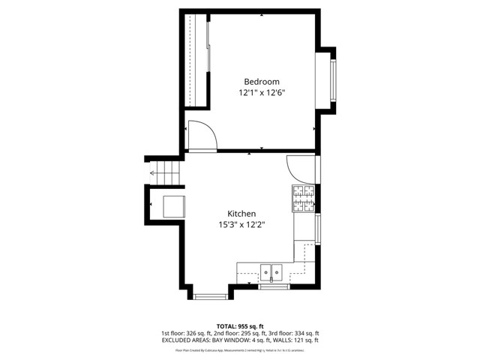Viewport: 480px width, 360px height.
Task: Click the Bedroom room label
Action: (262, 82)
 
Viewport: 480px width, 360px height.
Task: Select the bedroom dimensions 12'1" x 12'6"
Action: (262, 93)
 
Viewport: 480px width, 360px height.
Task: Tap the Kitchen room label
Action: (242, 214)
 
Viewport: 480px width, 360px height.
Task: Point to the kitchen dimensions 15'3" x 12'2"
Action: (242, 225)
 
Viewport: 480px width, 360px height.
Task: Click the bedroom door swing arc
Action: (202, 135)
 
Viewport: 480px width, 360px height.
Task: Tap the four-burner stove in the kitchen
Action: (304, 197)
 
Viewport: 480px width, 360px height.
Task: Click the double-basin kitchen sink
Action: (271, 271)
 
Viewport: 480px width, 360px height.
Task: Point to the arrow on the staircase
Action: (154, 173)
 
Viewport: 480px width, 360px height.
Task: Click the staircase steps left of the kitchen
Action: (169, 173)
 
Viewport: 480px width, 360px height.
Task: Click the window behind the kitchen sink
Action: (271, 286)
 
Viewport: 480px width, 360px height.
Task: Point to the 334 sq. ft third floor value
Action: (304, 334)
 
